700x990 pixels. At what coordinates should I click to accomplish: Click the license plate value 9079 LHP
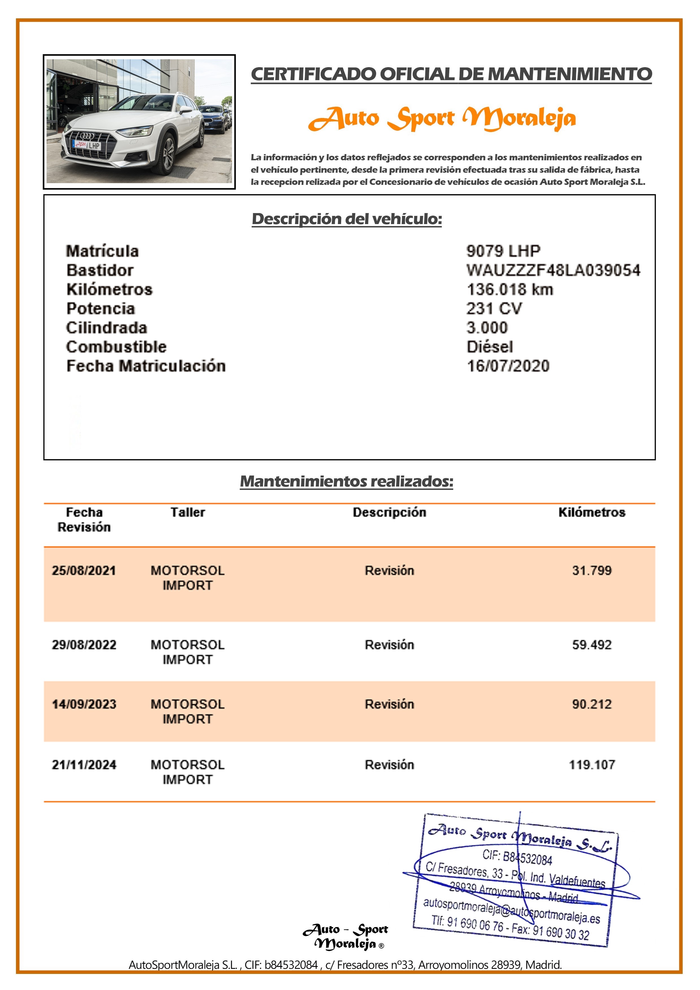(x=503, y=251)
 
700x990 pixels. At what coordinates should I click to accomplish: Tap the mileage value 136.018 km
(x=509, y=289)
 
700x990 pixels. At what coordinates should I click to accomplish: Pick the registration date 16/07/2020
(x=508, y=366)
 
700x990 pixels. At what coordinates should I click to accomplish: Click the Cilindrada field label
(x=106, y=328)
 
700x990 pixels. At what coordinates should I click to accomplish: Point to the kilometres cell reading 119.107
(x=591, y=765)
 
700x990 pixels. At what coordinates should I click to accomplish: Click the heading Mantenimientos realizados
(x=346, y=481)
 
